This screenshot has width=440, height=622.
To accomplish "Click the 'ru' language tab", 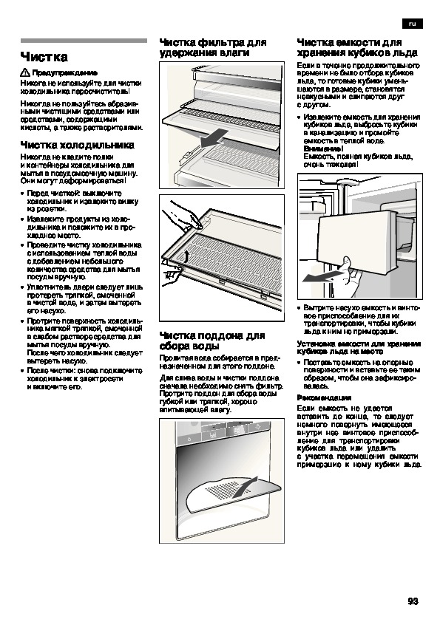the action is [412, 24].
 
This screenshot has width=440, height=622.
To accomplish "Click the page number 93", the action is [413, 601].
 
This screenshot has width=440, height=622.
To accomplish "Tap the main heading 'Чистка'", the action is [44, 57].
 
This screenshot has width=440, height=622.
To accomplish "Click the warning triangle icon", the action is [25, 72].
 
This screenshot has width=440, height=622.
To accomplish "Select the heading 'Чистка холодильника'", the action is [78, 145].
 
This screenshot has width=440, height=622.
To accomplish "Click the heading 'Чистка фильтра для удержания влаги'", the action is [213, 47].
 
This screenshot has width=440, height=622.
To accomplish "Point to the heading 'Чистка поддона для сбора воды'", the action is [212, 341].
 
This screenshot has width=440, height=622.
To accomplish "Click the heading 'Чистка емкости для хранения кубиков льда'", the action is [357, 47].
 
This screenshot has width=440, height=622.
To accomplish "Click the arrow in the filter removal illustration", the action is [214, 138].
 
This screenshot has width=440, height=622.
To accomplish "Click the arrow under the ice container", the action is [321, 276].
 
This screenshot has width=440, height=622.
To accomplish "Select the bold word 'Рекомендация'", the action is [324, 398].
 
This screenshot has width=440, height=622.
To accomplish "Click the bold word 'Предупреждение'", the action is [65, 72].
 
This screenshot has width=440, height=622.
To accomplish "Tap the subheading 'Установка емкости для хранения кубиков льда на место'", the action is [359, 347].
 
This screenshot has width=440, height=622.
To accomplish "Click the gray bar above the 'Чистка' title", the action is [84, 41].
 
